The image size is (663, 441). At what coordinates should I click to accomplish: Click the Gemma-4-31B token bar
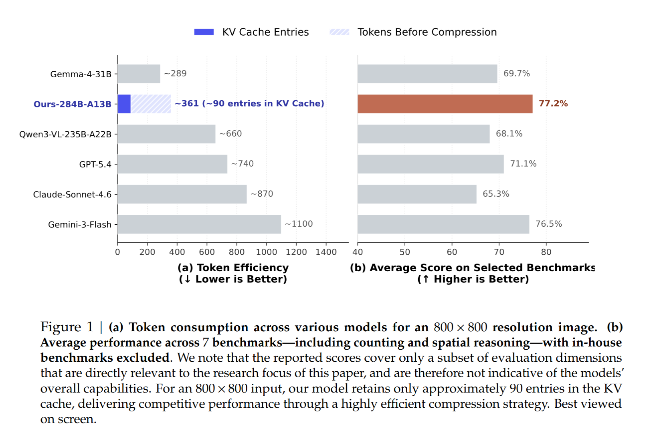click(139, 74)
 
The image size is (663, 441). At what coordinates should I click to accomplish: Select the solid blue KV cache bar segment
click(124, 104)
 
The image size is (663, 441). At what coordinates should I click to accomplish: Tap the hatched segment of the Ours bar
click(151, 104)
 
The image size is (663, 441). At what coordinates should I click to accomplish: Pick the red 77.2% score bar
click(445, 104)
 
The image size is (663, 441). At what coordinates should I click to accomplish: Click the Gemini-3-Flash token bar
click(199, 224)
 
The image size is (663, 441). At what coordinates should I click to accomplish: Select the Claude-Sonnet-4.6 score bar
click(417, 194)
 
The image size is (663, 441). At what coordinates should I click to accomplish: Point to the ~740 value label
click(243, 163)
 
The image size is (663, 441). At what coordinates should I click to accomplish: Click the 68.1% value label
click(509, 133)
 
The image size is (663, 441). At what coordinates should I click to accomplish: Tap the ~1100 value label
click(299, 224)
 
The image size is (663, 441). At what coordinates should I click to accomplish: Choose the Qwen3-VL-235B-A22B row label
click(65, 134)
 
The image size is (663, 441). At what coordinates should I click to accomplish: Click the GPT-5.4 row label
click(95, 164)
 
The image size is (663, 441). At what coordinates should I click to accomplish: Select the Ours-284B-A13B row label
click(72, 104)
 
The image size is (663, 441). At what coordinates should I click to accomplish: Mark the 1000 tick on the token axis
click(267, 252)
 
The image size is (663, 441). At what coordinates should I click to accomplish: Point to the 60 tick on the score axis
click(452, 252)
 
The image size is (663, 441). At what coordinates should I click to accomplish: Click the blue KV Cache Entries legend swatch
click(204, 32)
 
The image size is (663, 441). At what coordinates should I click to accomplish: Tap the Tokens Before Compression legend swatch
click(340, 32)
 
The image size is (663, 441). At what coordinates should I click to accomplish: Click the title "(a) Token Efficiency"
click(233, 268)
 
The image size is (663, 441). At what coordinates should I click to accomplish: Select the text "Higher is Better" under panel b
click(481, 279)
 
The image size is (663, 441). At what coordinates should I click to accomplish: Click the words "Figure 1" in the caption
click(67, 327)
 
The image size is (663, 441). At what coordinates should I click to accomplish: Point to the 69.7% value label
click(517, 73)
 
